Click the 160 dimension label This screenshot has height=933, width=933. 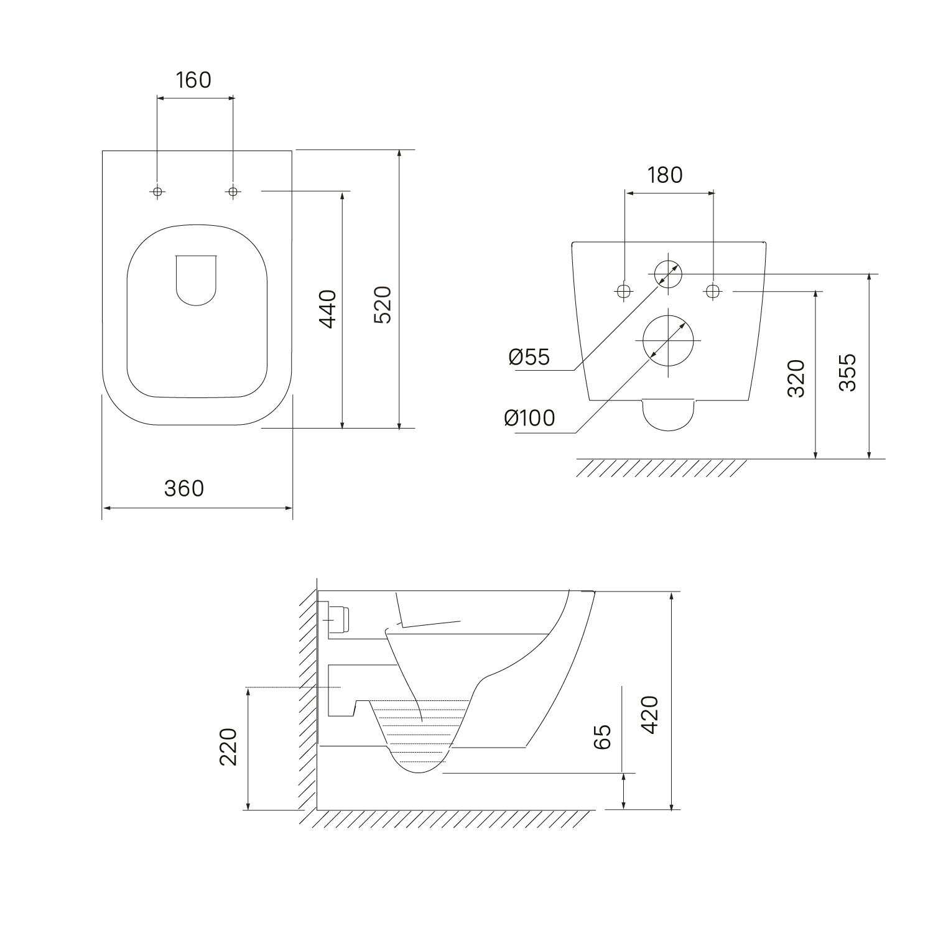coord(193,80)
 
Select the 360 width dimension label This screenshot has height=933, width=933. coord(184,488)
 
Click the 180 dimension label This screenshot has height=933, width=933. coord(665,175)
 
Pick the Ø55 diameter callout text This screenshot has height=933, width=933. coord(529,357)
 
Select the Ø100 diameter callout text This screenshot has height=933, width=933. coord(529,418)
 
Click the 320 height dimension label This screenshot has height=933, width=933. coord(796,378)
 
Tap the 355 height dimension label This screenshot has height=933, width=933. coord(847,372)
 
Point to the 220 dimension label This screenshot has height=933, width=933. coord(228,746)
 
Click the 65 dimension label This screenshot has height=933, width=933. coord(602,736)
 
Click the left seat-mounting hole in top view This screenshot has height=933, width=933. coord(157,192)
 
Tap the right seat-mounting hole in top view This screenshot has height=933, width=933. coord(233,192)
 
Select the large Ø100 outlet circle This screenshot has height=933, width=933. coord(667,340)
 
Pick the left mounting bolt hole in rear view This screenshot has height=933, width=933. coord(624,290)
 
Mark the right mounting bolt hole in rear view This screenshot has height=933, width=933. coord(713,290)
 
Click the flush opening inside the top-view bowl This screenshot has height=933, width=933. coord(197,280)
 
